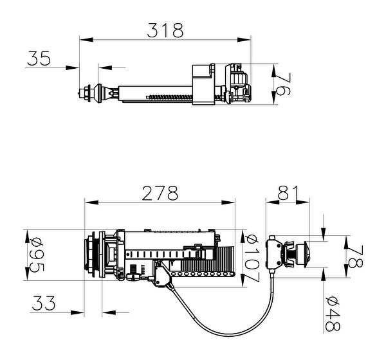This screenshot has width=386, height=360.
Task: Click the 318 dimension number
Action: (x=165, y=30)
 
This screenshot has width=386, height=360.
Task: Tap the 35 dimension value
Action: (x=39, y=59)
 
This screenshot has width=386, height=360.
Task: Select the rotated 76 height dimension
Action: (x=283, y=84)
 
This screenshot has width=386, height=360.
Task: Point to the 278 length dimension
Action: (x=160, y=193)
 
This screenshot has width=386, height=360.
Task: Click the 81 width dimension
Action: (x=288, y=193)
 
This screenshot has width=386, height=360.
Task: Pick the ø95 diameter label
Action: (x=37, y=255)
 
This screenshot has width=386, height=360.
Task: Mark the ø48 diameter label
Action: (x=333, y=313)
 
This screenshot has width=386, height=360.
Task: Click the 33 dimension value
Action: (x=44, y=303)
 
